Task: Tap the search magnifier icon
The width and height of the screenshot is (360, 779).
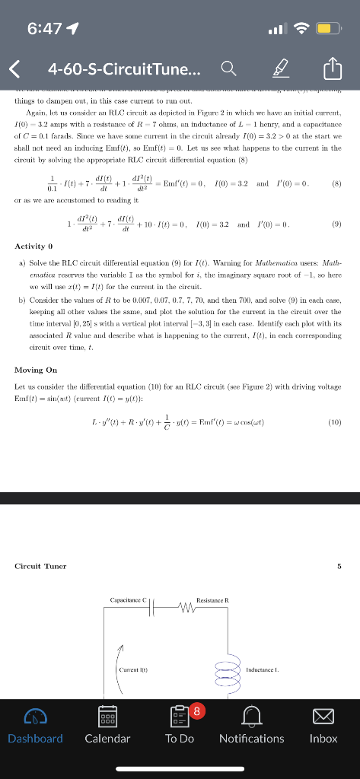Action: [x=228, y=70]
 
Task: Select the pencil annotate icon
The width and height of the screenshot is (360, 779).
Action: [x=284, y=70]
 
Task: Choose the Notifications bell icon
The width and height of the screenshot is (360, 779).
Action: [x=251, y=716]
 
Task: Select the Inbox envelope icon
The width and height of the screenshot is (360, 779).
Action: [x=323, y=716]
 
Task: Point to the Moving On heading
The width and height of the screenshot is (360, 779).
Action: [x=36, y=370]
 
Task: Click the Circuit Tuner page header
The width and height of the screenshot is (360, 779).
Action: [x=40, y=566]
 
